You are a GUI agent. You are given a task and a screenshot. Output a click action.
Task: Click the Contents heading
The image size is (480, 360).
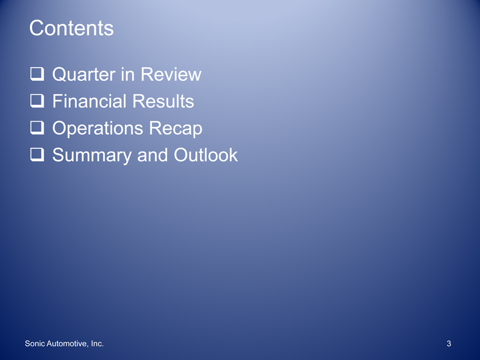tap(71, 28)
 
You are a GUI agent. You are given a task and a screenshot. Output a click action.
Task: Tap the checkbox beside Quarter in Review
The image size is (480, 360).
tap(37, 74)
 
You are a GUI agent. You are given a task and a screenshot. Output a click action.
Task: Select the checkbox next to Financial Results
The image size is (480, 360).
tap(37, 101)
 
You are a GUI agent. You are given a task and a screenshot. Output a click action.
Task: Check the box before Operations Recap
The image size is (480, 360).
tap(37, 128)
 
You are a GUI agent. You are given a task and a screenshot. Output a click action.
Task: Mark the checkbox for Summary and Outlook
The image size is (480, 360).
tap(37, 154)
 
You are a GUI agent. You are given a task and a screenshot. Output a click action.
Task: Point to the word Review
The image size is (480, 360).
tap(171, 74)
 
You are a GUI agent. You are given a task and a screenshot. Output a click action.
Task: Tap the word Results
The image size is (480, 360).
tap(163, 101)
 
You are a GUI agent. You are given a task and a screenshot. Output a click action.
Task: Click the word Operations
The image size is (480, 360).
tap(97, 128)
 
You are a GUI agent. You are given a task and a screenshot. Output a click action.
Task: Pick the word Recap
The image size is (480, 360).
tap(176, 128)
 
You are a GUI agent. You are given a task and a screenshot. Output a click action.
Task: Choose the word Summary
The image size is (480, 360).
tap(92, 155)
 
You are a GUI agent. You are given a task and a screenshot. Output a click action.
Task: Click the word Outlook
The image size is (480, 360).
tap(206, 155)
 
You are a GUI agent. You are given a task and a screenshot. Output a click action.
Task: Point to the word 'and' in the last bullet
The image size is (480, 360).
tap(152, 155)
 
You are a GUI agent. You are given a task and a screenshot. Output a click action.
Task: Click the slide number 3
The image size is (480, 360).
tap(449, 344)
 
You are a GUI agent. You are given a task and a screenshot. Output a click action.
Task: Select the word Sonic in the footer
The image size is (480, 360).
tap(35, 344)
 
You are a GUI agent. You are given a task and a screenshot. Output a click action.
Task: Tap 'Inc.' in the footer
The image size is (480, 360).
tap(97, 344)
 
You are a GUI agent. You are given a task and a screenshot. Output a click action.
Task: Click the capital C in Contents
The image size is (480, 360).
tap(36, 28)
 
